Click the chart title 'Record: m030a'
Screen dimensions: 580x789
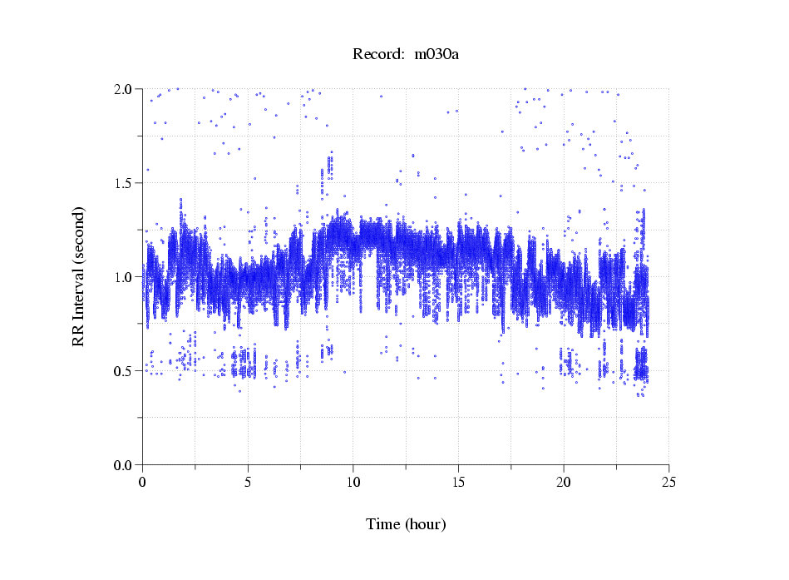coord(406,55)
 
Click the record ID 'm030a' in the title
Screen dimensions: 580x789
coord(436,55)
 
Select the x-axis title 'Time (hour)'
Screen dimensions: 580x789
coord(406,524)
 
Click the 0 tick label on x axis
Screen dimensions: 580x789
coord(143,482)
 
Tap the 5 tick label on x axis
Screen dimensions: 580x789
coord(248,482)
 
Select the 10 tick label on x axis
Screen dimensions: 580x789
coord(353,482)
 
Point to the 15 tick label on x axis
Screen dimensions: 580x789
coord(458,482)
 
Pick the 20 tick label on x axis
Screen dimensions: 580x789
coord(564,482)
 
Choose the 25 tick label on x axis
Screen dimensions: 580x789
coord(668,482)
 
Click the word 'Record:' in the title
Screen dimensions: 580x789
coord(377,55)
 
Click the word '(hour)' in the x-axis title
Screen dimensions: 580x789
coord(425,524)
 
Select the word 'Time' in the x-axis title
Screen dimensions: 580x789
coord(383,524)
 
